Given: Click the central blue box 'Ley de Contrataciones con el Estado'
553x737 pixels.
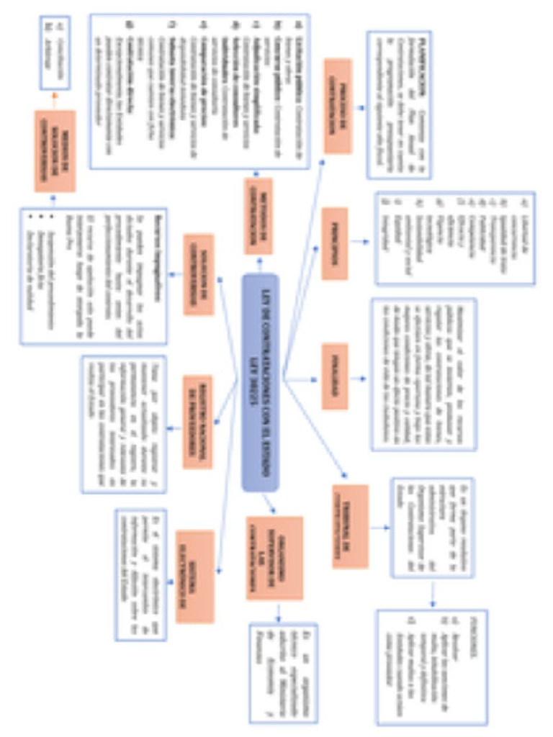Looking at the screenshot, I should click(x=260, y=382).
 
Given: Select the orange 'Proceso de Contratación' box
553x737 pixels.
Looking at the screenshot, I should click(x=337, y=106).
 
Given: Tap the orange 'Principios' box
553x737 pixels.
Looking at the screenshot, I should click(x=335, y=243).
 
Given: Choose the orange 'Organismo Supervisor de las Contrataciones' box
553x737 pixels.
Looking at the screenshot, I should click(x=274, y=558).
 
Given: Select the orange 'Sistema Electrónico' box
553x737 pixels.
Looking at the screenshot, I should click(x=194, y=577).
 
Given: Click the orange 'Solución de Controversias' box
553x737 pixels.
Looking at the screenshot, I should click(x=198, y=274).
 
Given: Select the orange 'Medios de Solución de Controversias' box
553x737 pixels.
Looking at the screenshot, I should click(x=54, y=150).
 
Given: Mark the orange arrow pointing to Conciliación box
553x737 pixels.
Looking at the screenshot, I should click(x=54, y=99).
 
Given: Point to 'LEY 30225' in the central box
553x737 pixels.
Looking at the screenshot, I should click(x=253, y=382).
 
